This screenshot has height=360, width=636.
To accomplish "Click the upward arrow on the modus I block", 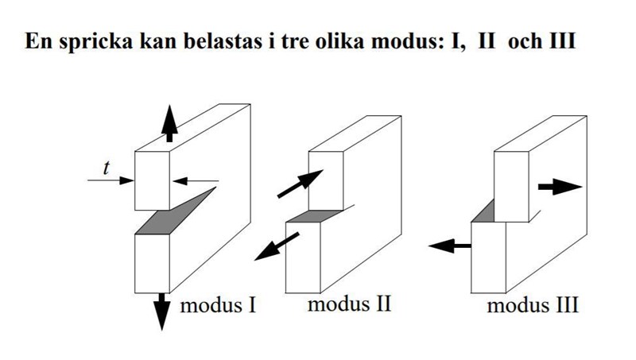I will tap(168, 123).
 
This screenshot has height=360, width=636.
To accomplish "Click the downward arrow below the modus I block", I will tap(163, 311).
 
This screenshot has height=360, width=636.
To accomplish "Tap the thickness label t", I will tap(107, 167).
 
